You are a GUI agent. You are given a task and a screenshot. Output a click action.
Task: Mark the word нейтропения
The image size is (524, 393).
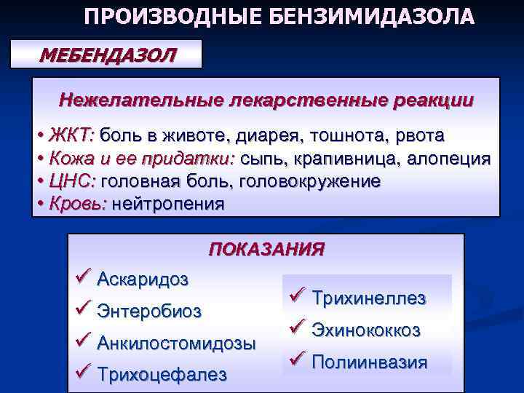tap(168, 204)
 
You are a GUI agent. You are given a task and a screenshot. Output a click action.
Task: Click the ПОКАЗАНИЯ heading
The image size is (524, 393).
tap(266, 250)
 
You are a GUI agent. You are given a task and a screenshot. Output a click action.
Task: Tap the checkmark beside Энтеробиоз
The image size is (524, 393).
tap(82, 309)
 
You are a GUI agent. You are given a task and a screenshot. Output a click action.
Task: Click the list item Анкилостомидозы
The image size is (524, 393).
tap(176, 342)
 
